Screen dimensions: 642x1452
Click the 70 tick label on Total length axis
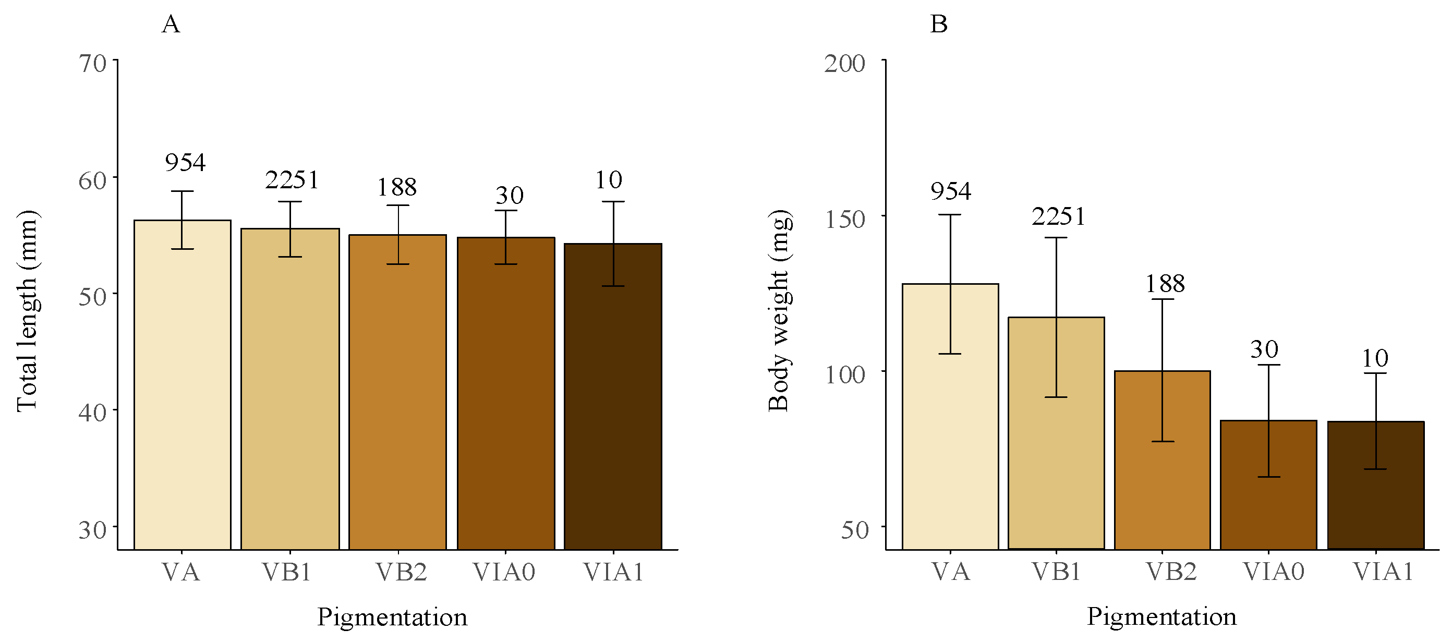point(92,64)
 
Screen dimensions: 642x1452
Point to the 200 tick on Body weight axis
point(844,64)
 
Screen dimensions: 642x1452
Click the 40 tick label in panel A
point(92,413)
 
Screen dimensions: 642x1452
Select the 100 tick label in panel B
point(844,375)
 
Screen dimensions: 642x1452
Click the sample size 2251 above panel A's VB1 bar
point(292,180)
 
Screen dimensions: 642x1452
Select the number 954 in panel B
point(950,191)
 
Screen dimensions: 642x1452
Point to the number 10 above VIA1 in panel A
point(608,180)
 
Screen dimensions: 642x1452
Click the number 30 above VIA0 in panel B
point(1264,350)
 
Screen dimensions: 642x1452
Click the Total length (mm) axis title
point(27,311)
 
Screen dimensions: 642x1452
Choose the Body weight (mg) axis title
point(780,311)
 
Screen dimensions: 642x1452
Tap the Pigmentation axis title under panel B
point(1161,616)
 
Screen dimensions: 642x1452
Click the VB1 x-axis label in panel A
point(287,572)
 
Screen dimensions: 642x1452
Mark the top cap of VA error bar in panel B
point(950,215)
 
